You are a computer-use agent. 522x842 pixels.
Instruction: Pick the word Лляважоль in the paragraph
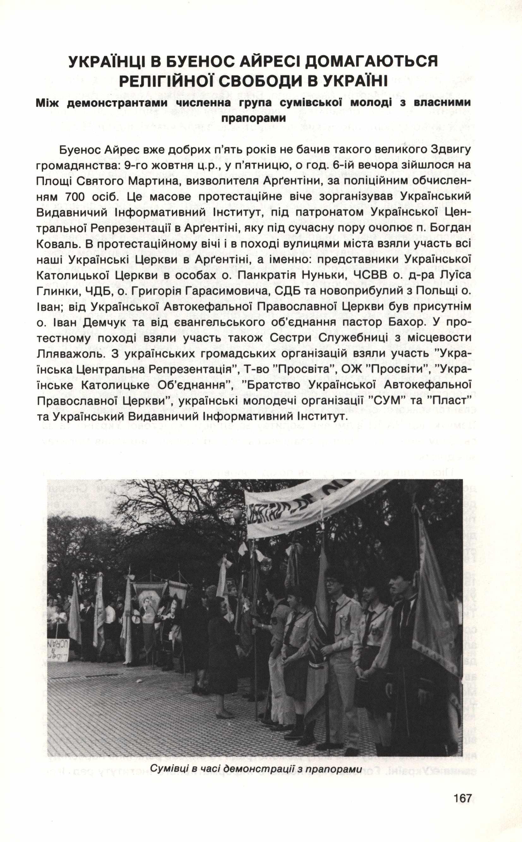(x=67, y=354)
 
